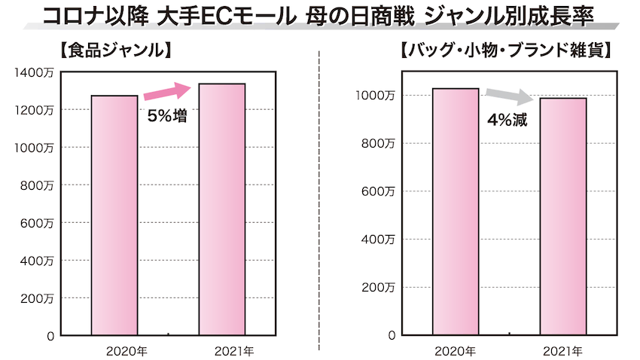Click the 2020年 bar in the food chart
coord(114,215)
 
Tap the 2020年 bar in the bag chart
coord(456,212)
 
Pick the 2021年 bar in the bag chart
coord(563,217)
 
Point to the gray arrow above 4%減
coord(509,96)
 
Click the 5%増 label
coord(167,116)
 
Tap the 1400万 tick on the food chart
coord(32,72)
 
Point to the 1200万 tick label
coord(32,110)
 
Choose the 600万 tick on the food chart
coord(35,223)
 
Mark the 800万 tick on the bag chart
coord(378,143)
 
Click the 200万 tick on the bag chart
coord(378,288)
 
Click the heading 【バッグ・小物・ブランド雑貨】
coord(504,53)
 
